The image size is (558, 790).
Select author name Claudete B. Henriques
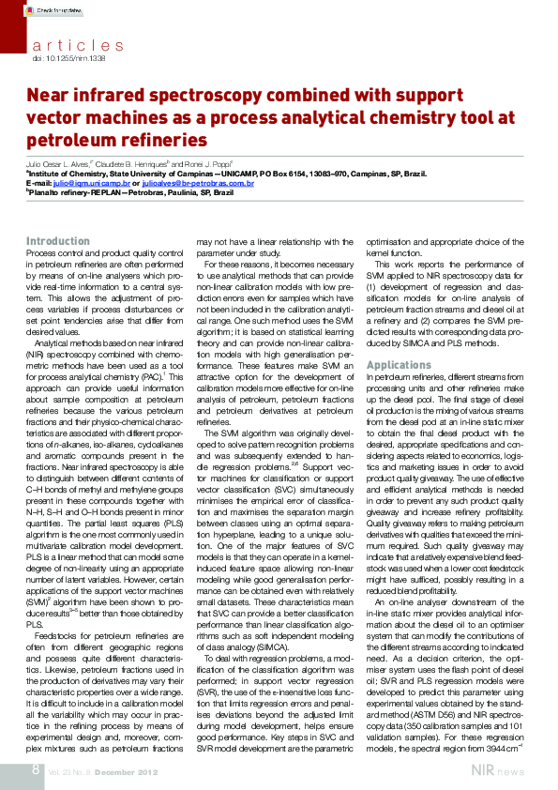pos(149,163)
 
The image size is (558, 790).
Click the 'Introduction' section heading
pos(58,241)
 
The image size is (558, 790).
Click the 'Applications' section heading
pos(399,364)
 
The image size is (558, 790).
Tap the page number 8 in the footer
pos(34,770)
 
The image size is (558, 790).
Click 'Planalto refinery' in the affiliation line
pos(56,192)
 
